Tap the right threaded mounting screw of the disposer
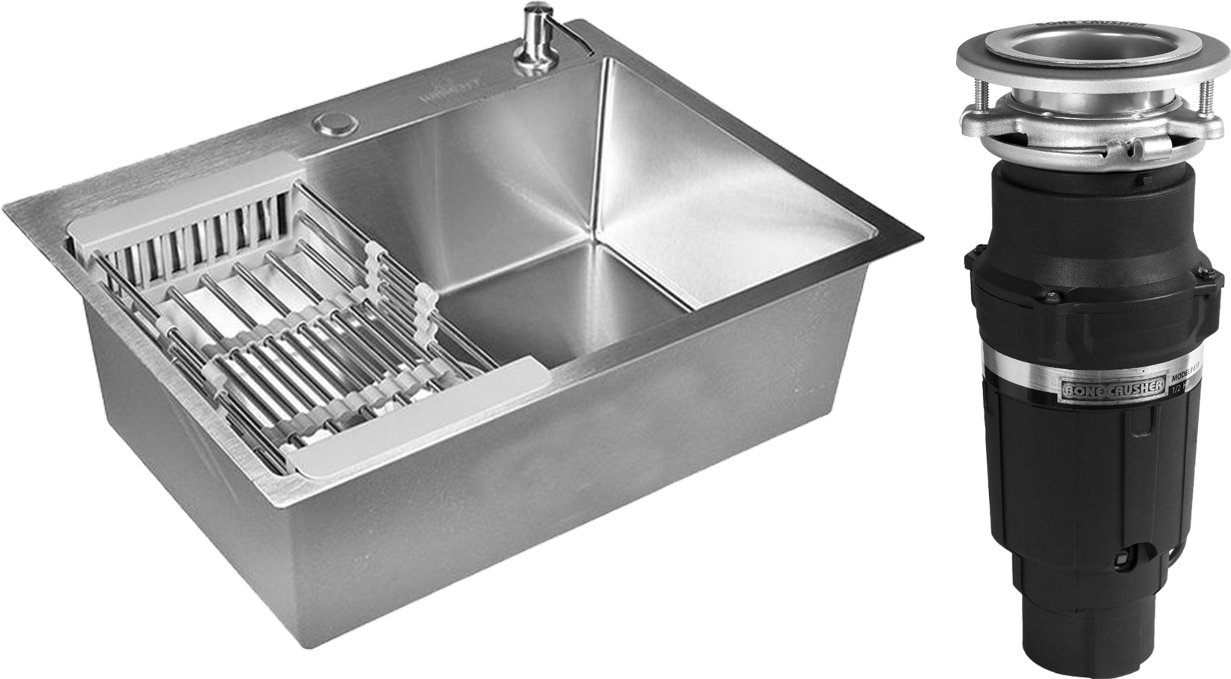(1206, 98)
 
